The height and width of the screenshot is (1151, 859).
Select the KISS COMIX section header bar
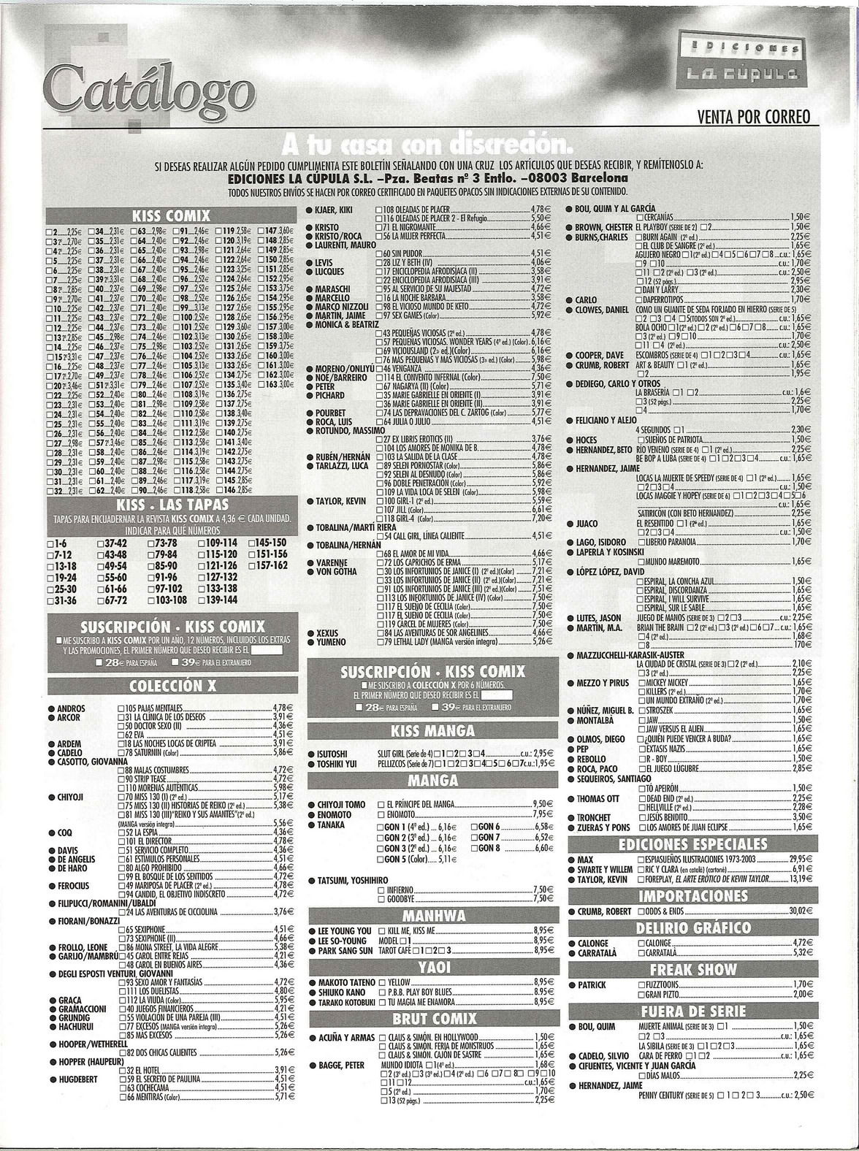pos(171,215)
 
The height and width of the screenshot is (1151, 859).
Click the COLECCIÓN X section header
pos(172,686)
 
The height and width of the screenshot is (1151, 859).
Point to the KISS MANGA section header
pos(433,731)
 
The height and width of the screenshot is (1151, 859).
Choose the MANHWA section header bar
pos(434,916)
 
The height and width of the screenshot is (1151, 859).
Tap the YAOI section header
pos(434,967)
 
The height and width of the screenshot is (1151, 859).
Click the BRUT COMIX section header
pos(434,1018)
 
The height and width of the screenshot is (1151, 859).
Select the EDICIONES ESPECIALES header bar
pos(692,844)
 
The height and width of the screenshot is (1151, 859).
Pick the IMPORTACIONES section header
pos(692,896)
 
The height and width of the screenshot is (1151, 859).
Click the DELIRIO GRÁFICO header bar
pos(692,928)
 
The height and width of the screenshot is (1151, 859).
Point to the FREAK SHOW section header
pos(692,969)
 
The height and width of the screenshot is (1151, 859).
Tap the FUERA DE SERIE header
pos(692,1012)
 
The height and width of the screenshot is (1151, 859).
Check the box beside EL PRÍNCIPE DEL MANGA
pos(381,804)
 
